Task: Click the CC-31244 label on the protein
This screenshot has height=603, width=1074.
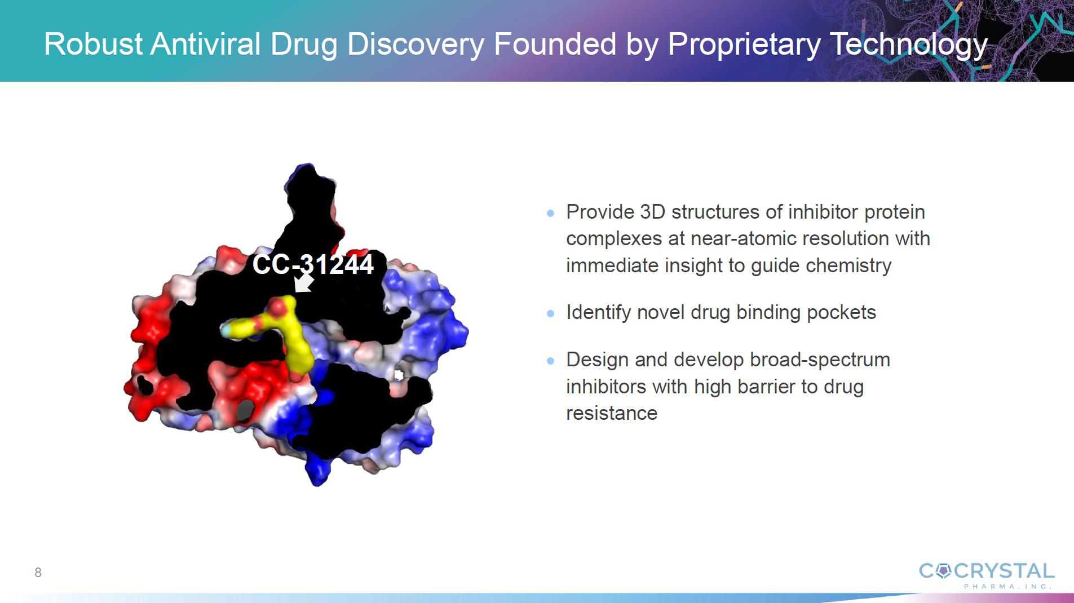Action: [x=313, y=264]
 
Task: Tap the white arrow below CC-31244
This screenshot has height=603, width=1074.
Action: [x=304, y=283]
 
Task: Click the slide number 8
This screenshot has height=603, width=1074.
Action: [x=38, y=573]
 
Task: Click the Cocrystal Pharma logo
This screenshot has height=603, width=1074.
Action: [x=987, y=575]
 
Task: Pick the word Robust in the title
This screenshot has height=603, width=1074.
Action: [x=94, y=44]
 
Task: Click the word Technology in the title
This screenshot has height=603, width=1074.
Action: [x=908, y=45]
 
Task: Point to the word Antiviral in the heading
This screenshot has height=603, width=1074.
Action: [x=206, y=44]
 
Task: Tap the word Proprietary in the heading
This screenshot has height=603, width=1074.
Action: [x=744, y=45]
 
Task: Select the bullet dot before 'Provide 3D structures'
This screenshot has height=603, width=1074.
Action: [x=551, y=213]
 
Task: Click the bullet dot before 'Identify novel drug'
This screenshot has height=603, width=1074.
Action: [x=551, y=313]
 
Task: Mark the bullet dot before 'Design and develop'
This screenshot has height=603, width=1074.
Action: [x=551, y=361]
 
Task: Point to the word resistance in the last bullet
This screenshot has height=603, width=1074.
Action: [x=612, y=413]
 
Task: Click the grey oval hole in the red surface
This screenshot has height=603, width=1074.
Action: [x=245, y=410]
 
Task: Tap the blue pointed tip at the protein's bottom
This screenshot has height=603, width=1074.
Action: [x=317, y=481]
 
